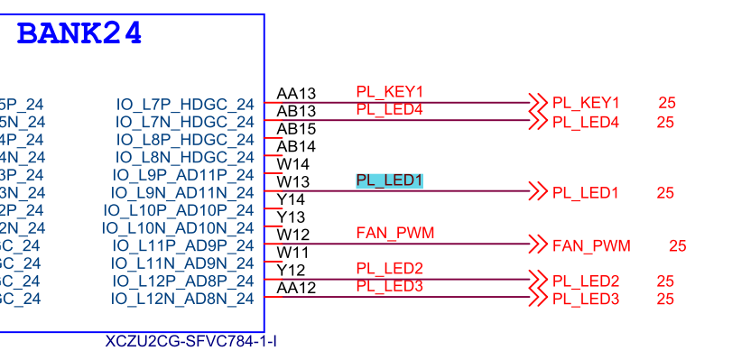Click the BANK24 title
coord(79,33)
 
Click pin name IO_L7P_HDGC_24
coord(185,105)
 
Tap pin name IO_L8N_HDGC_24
coord(185,158)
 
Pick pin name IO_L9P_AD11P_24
coord(183,175)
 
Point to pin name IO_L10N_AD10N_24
coord(178,227)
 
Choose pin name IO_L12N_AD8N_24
coord(183,298)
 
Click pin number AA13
coord(296,93)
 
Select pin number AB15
coord(296,129)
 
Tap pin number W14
coord(292,164)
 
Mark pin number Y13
coord(291,217)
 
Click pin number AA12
coord(296,288)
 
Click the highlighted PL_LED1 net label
coord(389,180)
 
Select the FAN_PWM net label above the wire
coord(395,233)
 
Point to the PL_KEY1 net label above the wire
coord(389,91)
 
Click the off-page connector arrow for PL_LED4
coord(538,121)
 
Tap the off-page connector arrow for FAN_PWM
coord(538,245)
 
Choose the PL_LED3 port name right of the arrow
coord(585,299)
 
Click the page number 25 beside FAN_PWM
coord(678,245)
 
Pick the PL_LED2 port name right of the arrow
coord(585,281)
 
